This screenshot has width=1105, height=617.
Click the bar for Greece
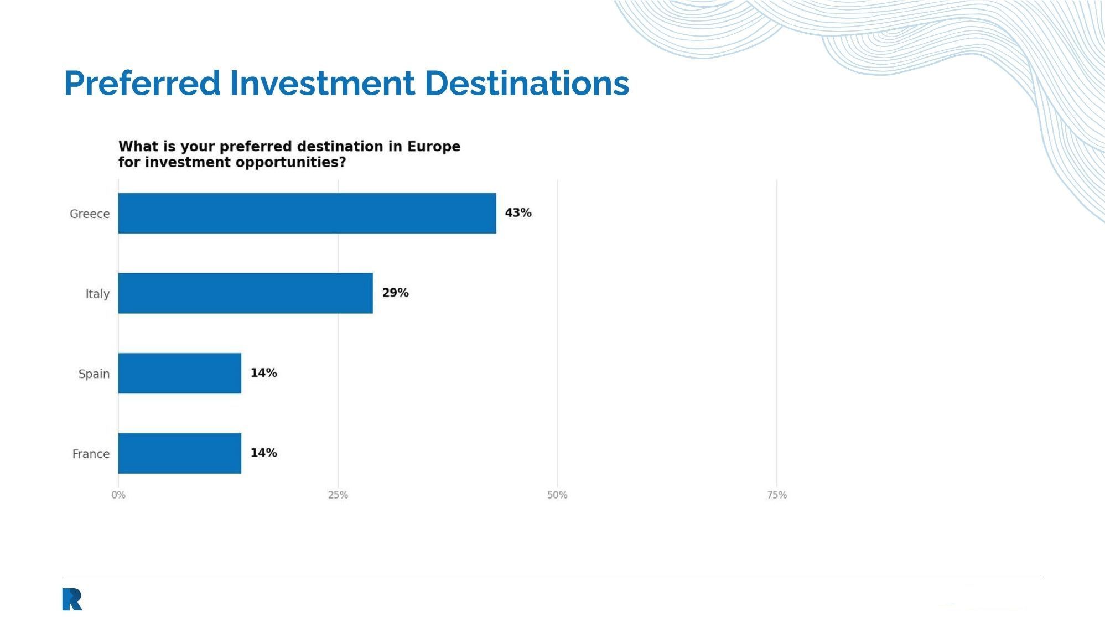(x=307, y=213)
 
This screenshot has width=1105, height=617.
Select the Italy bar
(x=246, y=293)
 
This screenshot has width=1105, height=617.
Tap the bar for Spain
(x=180, y=374)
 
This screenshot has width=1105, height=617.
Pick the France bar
(x=180, y=453)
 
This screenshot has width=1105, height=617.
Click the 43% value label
(x=518, y=213)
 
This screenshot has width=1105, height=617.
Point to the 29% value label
(x=395, y=293)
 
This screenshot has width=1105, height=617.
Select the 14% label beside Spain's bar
(x=263, y=373)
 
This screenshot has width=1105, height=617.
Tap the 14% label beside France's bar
(x=263, y=453)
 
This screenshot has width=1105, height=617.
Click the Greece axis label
(x=90, y=214)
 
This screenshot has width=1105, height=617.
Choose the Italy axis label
(x=97, y=294)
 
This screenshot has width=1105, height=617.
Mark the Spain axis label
(x=94, y=374)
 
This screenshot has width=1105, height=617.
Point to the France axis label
(x=91, y=454)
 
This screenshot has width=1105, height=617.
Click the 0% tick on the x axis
(x=118, y=495)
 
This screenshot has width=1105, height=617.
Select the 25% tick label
(x=338, y=495)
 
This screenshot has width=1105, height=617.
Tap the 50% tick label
(x=557, y=495)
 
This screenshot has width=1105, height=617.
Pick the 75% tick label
(x=777, y=495)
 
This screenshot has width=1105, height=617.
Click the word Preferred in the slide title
(x=142, y=83)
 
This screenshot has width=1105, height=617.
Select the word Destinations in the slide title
(x=527, y=83)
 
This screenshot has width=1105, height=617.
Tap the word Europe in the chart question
(x=434, y=147)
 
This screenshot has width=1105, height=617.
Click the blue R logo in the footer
(x=72, y=599)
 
